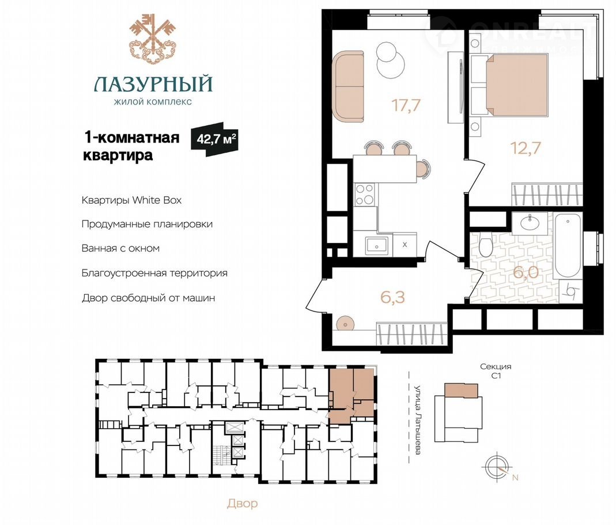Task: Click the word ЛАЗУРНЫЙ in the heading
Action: [x=153, y=84]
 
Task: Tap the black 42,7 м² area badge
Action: [x=214, y=139]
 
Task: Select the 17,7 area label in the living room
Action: [x=406, y=105]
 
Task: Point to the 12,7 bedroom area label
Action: [x=526, y=148]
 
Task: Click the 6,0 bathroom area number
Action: [x=526, y=272]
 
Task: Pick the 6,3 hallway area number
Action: [x=392, y=297]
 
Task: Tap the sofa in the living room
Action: [x=348, y=87]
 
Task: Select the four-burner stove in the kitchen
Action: [x=365, y=194]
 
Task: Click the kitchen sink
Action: [x=377, y=245]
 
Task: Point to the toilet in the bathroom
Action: [x=486, y=246]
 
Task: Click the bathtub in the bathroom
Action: [x=568, y=245]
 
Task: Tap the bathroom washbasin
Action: [x=530, y=223]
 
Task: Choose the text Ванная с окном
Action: [x=120, y=249]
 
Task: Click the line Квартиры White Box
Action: [x=131, y=200]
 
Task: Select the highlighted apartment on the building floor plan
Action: [x=351, y=395]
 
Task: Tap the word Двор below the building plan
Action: [x=243, y=504]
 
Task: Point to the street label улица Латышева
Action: [x=418, y=419]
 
